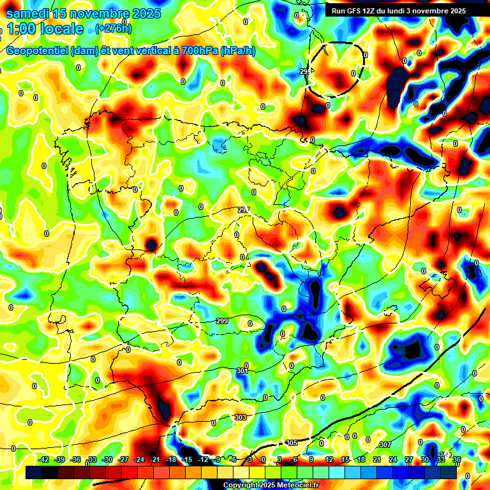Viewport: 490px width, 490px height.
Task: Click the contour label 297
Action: tap(244, 210)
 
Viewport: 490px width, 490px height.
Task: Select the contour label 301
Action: tap(242, 371)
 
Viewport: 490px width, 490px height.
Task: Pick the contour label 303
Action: tap(240, 417)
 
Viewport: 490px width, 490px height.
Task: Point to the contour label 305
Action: tap(292, 443)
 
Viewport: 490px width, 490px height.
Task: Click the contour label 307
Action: tap(384, 445)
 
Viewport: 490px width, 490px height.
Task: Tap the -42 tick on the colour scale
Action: tap(44, 459)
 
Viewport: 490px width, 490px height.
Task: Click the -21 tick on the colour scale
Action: tap(155, 459)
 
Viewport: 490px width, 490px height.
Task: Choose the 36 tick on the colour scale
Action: tap(457, 459)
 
